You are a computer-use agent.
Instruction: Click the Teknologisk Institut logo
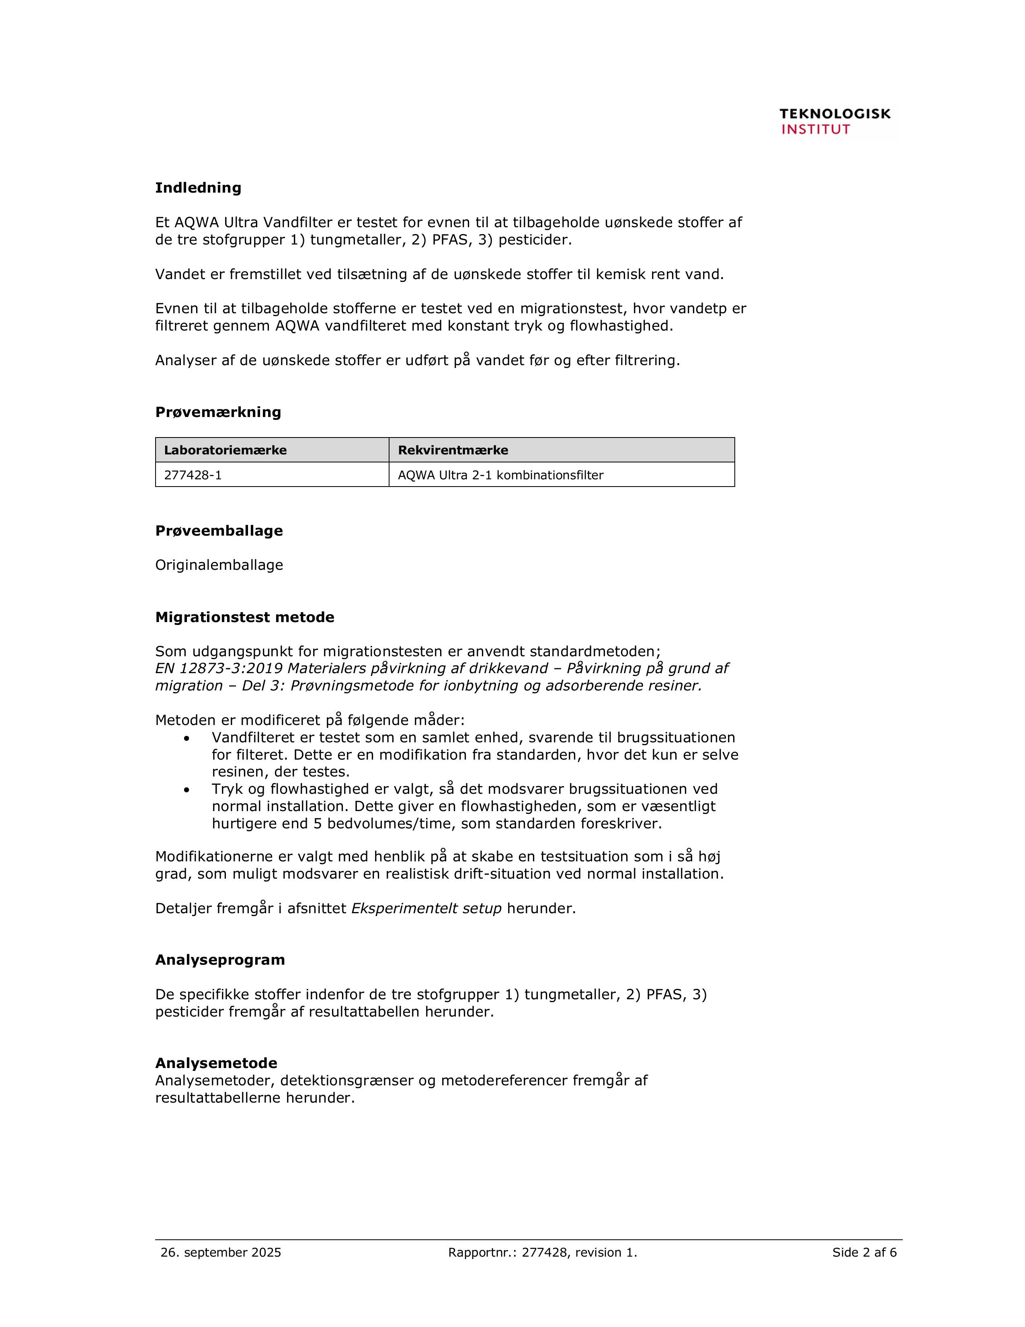[834, 121]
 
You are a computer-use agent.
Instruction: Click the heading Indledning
[198, 188]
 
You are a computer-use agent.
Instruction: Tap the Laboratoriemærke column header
[225, 450]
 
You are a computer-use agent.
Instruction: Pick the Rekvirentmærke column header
[453, 450]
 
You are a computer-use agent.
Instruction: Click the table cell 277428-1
[193, 475]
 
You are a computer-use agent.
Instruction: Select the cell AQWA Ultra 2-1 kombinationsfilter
[500, 475]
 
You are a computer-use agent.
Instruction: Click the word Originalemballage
[219, 565]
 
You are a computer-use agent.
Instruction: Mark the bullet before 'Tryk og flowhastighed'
[187, 790]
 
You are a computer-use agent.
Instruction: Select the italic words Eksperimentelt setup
[426, 908]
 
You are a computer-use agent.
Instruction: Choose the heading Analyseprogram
[220, 960]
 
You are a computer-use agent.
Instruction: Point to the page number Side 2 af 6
[864, 1252]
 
